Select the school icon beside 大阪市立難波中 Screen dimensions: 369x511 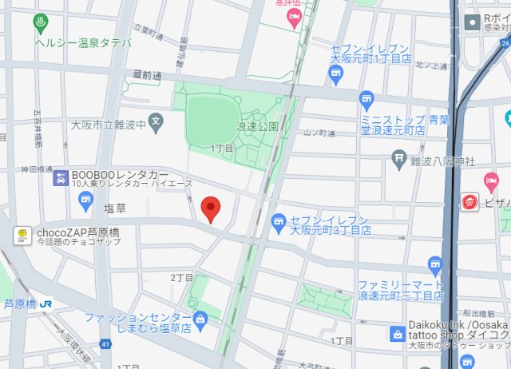(156, 124)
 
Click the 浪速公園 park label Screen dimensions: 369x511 (256, 126)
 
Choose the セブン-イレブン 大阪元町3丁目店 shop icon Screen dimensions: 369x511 (279, 221)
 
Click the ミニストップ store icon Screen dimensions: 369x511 (366, 101)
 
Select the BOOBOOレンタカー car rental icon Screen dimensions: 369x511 (60, 178)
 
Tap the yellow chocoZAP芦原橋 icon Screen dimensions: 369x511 (24, 234)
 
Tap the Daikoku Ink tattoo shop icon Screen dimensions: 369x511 (396, 333)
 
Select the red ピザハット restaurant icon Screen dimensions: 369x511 (469, 203)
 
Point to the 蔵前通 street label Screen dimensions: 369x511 (147, 75)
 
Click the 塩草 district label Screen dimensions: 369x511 (115, 208)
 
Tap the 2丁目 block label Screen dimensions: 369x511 (180, 277)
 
